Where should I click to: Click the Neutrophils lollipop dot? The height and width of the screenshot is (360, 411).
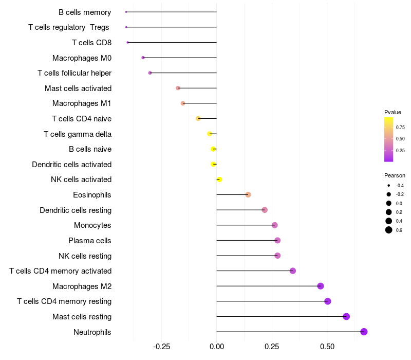pos(364,332)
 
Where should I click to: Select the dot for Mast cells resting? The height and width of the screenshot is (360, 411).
pos(346,316)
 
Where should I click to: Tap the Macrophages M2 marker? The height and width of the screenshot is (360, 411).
pos(321,286)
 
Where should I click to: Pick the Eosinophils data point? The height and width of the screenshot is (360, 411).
pos(248,195)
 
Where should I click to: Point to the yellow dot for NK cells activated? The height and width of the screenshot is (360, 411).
pos(219,179)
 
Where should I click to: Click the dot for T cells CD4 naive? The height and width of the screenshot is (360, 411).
pos(198,119)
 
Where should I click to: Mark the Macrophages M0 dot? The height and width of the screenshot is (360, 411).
pos(143,58)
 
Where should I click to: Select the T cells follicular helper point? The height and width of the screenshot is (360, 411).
pos(150,73)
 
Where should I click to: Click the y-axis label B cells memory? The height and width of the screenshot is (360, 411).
pos(85,12)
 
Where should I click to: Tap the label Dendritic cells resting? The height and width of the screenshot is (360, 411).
pos(76,210)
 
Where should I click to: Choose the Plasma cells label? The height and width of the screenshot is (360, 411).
pos(90,240)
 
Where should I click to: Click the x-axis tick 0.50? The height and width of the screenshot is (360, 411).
pos(327,347)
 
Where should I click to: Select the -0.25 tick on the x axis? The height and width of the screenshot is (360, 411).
pos(161,347)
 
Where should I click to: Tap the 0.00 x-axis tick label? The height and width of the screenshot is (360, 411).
pos(217,347)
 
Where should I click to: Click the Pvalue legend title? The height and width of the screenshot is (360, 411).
pos(393,112)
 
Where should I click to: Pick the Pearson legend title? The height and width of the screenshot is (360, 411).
pos(395,175)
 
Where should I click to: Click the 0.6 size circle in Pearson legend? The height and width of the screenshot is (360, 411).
pos(389,230)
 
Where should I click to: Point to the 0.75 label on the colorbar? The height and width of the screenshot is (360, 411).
pos(400,127)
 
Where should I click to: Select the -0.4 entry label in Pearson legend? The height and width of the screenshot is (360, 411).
pos(400,186)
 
